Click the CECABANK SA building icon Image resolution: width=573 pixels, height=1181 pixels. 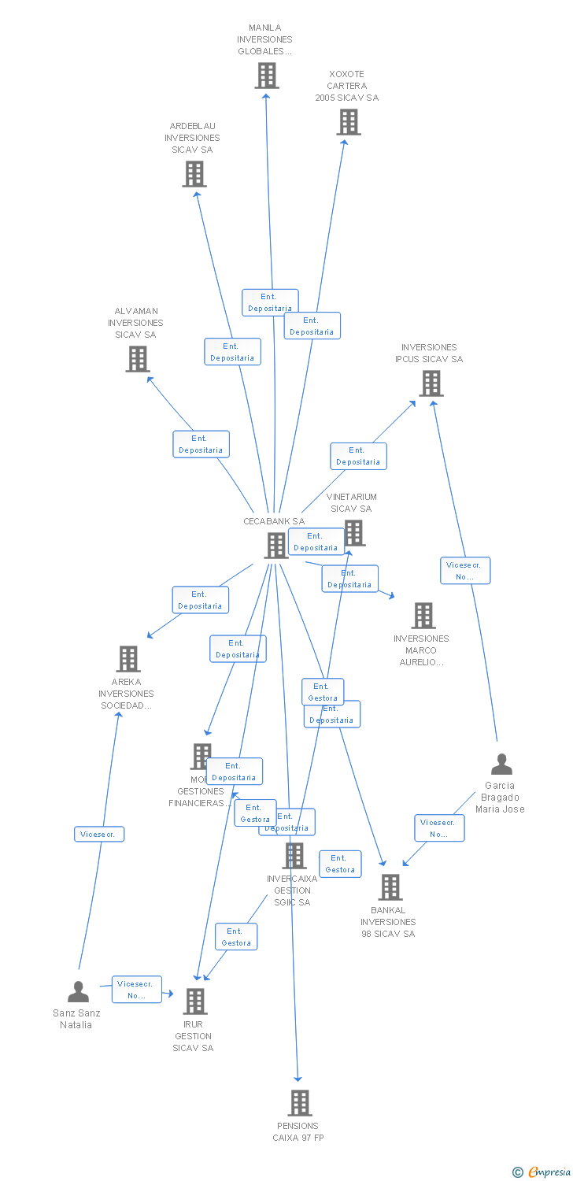[276, 545]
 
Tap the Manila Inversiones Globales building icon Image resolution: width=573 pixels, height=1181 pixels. [267, 76]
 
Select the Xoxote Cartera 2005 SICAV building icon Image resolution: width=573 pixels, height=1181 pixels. [349, 122]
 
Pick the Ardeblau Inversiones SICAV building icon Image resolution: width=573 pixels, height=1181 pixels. [194, 174]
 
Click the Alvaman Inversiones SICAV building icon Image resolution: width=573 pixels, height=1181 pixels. [138, 359]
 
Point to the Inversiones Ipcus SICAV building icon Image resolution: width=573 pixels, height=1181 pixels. [431, 383]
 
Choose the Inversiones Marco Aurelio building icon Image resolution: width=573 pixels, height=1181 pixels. [423, 616]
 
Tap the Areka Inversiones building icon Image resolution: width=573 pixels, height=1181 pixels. [128, 659]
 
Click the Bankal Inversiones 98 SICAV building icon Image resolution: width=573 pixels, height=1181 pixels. [390, 887]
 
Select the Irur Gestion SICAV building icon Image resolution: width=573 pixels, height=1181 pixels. [194, 1001]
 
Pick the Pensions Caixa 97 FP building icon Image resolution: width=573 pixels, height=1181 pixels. [299, 1103]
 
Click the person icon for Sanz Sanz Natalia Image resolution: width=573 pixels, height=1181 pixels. [78, 991]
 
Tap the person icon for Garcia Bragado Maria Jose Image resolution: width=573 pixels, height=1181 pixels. [501, 764]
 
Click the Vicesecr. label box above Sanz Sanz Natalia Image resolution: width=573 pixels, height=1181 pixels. [99, 834]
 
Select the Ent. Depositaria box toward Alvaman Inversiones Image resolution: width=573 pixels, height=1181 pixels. [201, 444]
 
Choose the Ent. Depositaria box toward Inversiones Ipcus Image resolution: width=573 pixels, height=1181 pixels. [358, 456]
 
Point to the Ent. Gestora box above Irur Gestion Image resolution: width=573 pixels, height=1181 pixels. [236, 936]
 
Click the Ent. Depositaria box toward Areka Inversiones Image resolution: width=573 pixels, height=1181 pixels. [200, 600]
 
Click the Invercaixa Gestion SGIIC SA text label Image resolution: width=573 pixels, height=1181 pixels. [292, 890]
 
